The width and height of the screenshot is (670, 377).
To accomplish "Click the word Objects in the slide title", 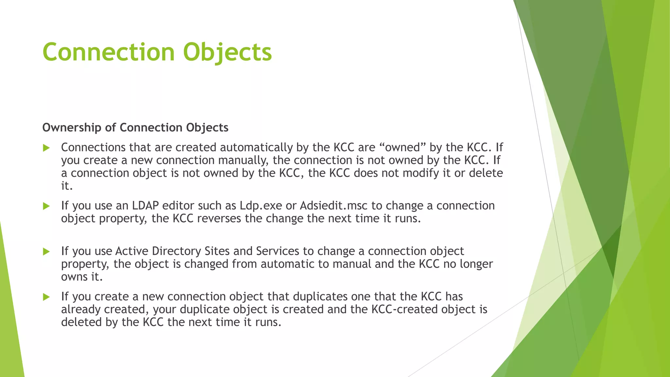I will (x=227, y=52).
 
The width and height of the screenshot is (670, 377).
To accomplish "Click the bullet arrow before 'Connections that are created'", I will (x=46, y=148).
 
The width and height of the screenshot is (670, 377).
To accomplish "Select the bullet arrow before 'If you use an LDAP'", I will (x=46, y=206).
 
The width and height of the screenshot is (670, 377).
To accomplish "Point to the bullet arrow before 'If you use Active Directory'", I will (x=46, y=252).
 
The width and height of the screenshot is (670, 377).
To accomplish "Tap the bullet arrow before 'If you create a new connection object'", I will (x=46, y=297).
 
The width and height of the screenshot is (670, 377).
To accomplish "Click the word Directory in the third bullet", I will (x=176, y=251).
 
